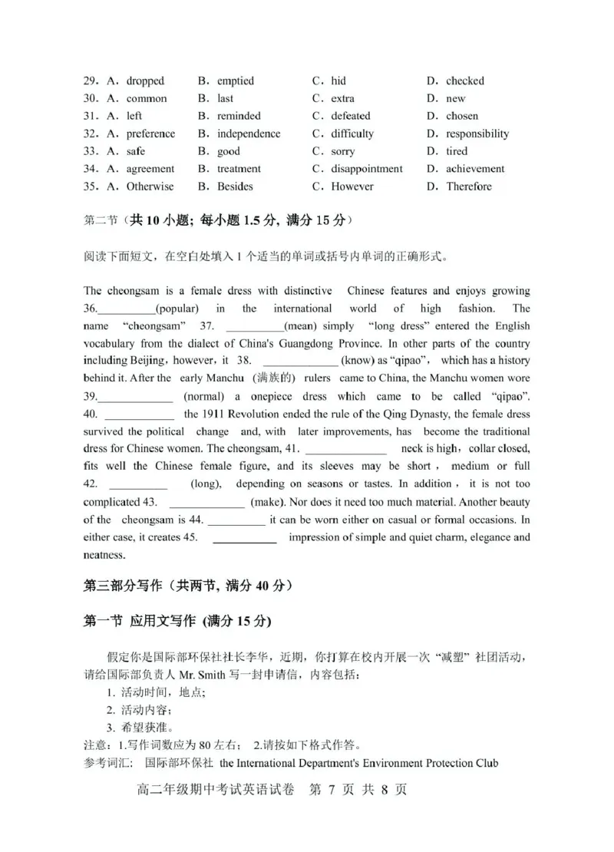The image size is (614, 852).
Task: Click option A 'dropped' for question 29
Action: [x=145, y=81]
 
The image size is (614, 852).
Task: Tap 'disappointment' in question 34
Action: [x=367, y=169]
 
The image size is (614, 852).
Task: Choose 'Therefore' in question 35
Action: [x=469, y=187]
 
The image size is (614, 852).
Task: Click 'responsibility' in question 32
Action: [x=477, y=134]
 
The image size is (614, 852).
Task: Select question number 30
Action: [x=92, y=98]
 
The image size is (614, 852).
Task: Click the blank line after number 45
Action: [x=244, y=538]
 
